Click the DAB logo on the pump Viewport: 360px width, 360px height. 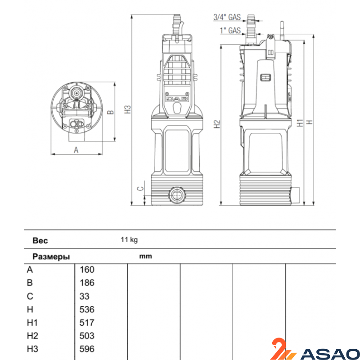pyautogui.click(x=177, y=99)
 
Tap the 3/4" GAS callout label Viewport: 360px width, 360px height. pyautogui.click(x=227, y=17)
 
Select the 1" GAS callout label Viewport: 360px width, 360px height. pyautogui.click(x=230, y=30)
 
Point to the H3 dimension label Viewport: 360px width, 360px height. pyautogui.click(x=128, y=109)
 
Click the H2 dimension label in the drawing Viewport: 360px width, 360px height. pyautogui.click(x=217, y=124)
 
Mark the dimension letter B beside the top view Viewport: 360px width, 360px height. pyautogui.click(x=111, y=112)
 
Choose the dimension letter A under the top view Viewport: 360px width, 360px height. pyautogui.click(x=76, y=150)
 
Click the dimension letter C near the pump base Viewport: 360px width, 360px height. pyautogui.click(x=140, y=189)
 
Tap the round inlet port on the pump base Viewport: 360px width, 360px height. pyautogui.click(x=177, y=195)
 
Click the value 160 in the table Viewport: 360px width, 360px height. pyautogui.click(x=87, y=270)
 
